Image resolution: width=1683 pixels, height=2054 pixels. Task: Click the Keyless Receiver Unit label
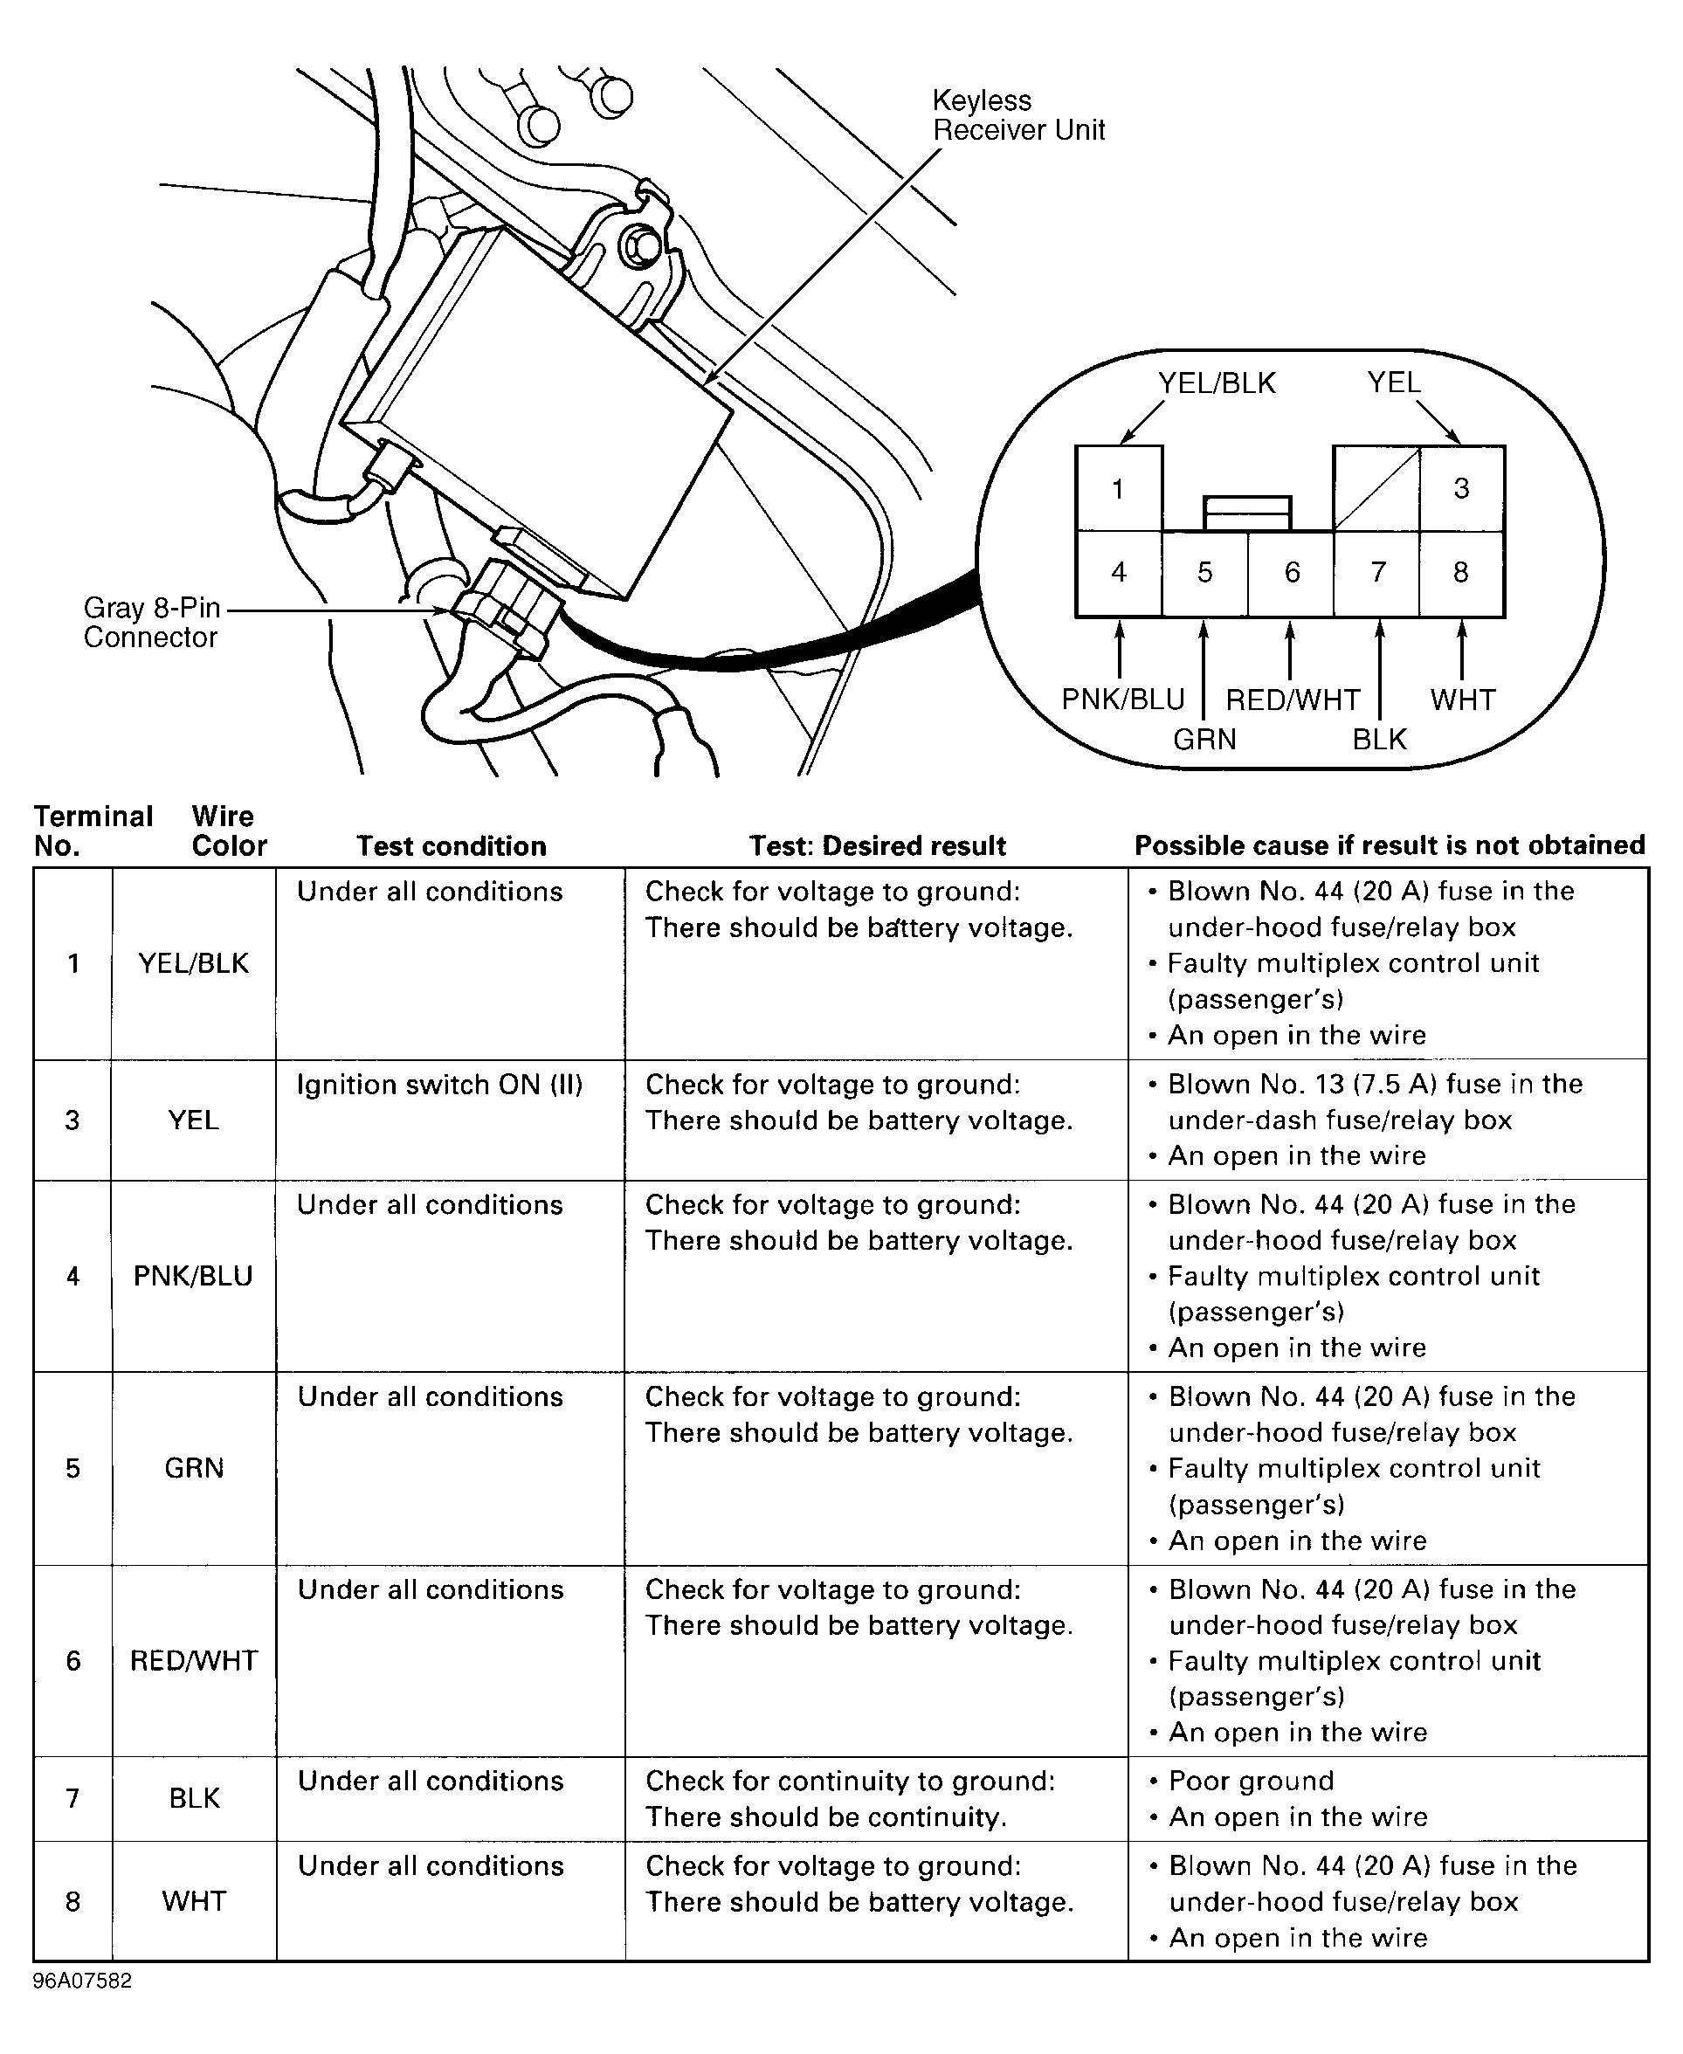(1018, 115)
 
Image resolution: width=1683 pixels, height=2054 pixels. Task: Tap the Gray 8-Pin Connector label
(151, 623)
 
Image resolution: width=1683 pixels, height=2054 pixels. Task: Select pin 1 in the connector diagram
(1118, 488)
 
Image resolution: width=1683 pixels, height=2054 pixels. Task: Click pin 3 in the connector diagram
(1461, 488)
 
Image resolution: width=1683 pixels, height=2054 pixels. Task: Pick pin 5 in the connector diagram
(1204, 573)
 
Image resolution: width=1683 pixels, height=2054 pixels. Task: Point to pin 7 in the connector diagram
(1376, 573)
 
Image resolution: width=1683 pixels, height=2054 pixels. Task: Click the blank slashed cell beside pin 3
(1376, 488)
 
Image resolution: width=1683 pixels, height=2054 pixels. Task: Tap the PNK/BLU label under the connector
(1122, 700)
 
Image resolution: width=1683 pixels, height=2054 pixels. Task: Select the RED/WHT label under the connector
(1293, 700)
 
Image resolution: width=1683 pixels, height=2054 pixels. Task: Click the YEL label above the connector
(1393, 383)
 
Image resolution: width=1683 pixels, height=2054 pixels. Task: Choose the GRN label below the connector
(1204, 740)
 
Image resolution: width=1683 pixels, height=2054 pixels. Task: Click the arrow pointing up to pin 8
(1461, 650)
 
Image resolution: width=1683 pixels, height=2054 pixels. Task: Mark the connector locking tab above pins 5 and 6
(1246, 513)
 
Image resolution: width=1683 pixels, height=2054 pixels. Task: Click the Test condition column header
(451, 846)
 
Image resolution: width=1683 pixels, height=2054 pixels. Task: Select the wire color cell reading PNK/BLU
(193, 1276)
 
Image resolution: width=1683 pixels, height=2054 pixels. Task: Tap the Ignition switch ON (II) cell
(439, 1085)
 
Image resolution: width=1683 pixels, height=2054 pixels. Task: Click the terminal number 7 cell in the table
(72, 1798)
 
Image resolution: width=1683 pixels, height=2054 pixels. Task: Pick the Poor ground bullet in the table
(1251, 1781)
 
